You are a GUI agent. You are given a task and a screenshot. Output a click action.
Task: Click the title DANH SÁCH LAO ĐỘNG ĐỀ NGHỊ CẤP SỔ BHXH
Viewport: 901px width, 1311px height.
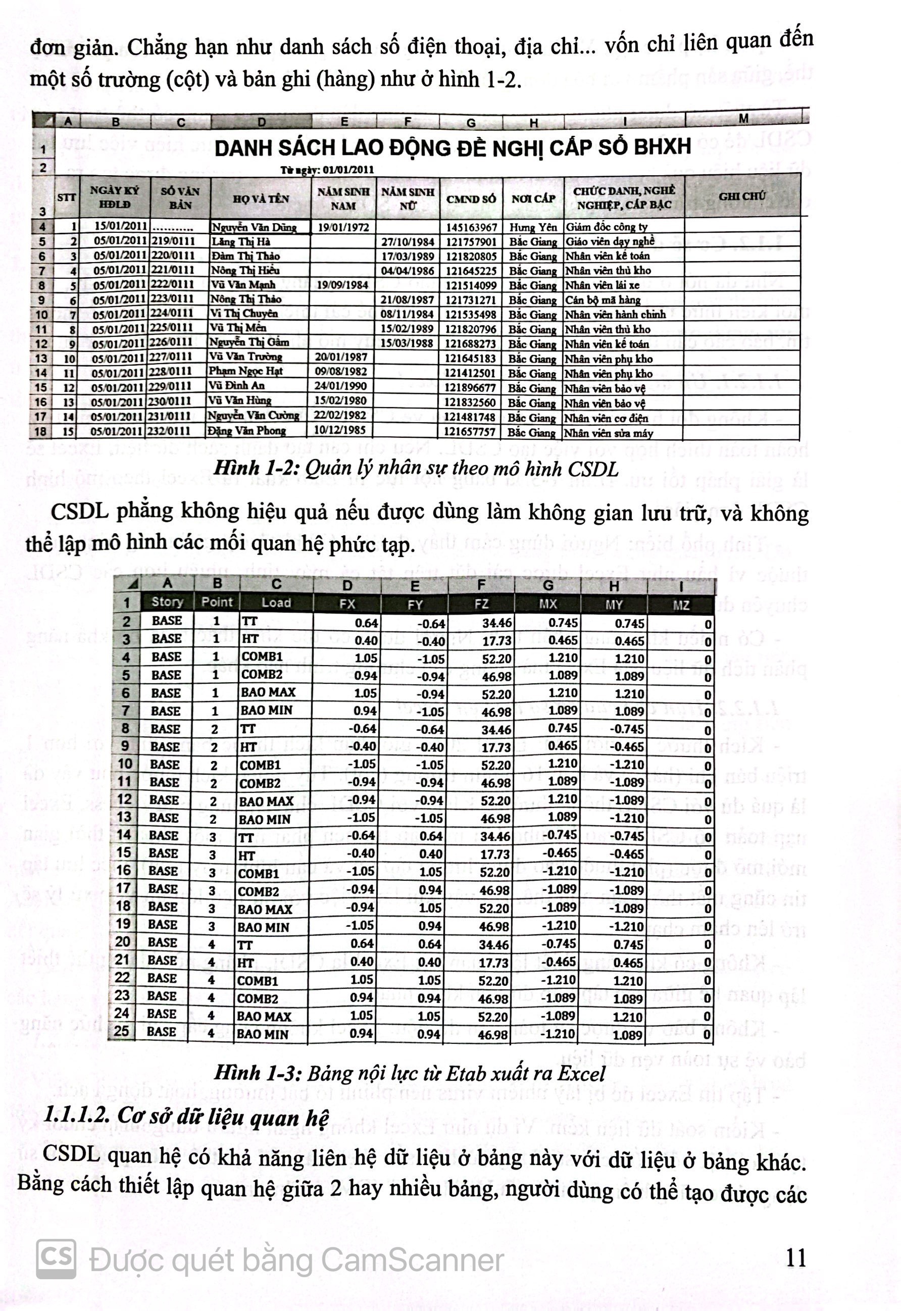pyautogui.click(x=452, y=148)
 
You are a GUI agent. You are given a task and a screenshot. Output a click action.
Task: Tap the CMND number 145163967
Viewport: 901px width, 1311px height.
pyautogui.click(x=471, y=227)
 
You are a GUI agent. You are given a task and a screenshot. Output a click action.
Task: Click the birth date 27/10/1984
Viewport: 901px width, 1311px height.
pyautogui.click(x=407, y=242)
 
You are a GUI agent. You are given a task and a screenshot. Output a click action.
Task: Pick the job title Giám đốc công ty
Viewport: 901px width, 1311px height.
pyautogui.click(x=607, y=227)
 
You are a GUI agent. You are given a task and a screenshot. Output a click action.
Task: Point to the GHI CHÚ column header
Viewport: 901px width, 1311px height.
pyautogui.click(x=742, y=196)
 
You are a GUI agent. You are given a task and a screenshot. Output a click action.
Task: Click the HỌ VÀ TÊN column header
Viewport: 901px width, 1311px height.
pyautogui.click(x=260, y=198)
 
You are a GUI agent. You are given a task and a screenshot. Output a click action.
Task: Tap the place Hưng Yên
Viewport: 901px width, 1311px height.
pyautogui.click(x=532, y=227)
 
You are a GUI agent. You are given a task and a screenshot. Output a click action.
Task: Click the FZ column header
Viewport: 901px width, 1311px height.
pyautogui.click(x=481, y=604)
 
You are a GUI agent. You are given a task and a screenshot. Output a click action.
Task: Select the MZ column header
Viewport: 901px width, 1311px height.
pyautogui.click(x=681, y=605)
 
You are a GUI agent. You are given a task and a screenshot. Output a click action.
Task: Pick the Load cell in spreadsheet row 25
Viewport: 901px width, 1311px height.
pyautogui.click(x=263, y=1034)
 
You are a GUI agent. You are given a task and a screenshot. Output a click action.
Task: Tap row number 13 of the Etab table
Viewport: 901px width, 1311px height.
pyautogui.click(x=124, y=817)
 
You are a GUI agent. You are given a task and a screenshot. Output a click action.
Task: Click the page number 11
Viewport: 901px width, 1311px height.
pyautogui.click(x=795, y=1257)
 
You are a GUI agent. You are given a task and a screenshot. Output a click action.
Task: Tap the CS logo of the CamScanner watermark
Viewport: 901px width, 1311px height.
pyautogui.click(x=56, y=1258)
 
